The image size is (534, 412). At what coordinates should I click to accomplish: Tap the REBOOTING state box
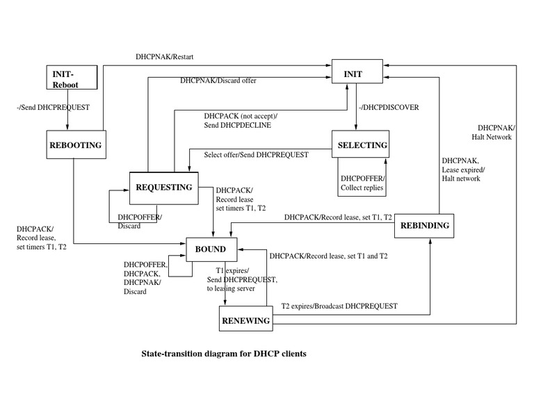pyautogui.click(x=75, y=145)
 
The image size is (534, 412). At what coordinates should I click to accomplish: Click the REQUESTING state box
pyautogui.click(x=163, y=188)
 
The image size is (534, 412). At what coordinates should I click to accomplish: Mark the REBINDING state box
pyautogui.click(x=425, y=226)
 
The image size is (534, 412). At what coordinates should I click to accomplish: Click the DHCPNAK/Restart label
pyautogui.click(x=165, y=56)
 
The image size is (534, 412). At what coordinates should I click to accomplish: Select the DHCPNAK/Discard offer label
pyautogui.click(x=218, y=81)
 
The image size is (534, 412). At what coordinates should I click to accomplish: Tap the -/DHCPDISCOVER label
pyautogui.click(x=389, y=108)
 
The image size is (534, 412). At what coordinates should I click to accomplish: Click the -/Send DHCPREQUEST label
pyautogui.click(x=53, y=108)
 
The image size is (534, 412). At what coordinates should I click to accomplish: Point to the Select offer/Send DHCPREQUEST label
pyautogui.click(x=256, y=155)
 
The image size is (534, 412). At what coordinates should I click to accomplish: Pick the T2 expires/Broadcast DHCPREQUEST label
pyautogui.click(x=339, y=306)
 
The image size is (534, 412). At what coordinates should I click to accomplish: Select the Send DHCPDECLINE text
pyautogui.click(x=237, y=125)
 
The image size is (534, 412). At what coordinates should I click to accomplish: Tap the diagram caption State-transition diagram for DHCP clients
pyautogui.click(x=224, y=353)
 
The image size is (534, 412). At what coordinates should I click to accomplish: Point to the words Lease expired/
pyautogui.click(x=463, y=169)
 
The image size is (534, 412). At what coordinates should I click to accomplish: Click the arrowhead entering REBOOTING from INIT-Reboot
pyautogui.click(x=67, y=128)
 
